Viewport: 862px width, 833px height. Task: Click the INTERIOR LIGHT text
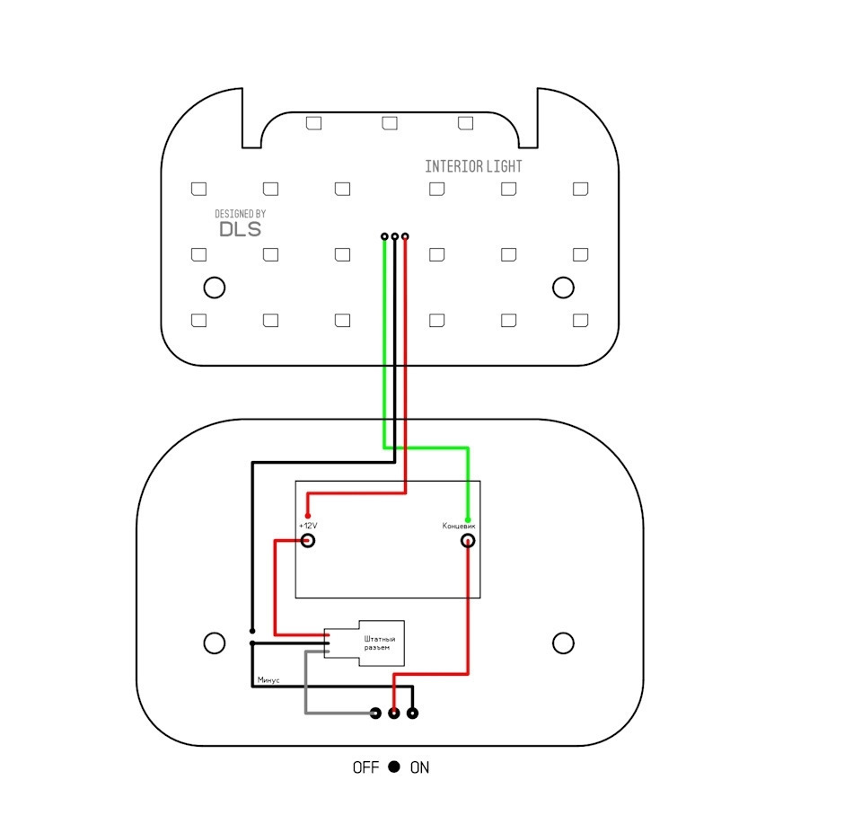[473, 166]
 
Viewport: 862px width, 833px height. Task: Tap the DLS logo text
[241, 229]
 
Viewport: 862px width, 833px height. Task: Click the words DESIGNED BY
[241, 214]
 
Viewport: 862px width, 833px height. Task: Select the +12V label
[308, 526]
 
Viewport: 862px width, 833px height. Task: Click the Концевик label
[459, 526]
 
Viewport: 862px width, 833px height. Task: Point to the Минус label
[268, 680]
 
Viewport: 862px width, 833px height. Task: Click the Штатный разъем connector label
[379, 643]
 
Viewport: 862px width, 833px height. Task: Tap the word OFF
[365, 767]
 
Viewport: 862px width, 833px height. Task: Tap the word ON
[419, 767]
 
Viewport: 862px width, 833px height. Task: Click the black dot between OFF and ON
[394, 767]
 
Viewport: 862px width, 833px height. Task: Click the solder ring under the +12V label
[308, 541]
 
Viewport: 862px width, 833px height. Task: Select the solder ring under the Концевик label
[468, 541]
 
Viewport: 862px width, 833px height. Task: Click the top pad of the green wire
[384, 236]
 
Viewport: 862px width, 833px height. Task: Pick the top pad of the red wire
[405, 236]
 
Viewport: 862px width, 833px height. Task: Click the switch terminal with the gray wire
[376, 713]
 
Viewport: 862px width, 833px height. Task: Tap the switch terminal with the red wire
[394, 713]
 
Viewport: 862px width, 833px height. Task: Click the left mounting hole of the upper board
[215, 288]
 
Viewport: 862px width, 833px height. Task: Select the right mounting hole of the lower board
[563, 642]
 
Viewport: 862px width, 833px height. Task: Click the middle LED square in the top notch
[390, 123]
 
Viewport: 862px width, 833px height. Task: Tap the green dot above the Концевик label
[468, 519]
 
